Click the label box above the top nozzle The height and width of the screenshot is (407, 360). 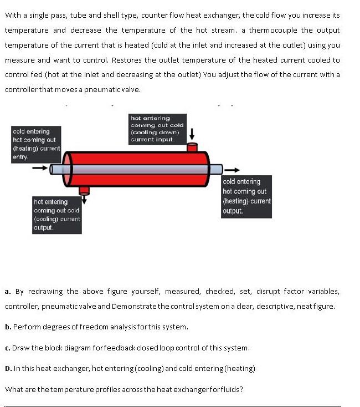tap(157, 129)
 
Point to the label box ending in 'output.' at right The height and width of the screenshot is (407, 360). tap(246, 196)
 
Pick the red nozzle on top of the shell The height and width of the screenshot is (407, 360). tap(192, 147)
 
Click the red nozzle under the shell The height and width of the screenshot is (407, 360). tap(84, 190)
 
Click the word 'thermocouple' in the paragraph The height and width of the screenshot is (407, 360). tap(273, 30)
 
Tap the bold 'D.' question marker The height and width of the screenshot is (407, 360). tap(8, 368)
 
